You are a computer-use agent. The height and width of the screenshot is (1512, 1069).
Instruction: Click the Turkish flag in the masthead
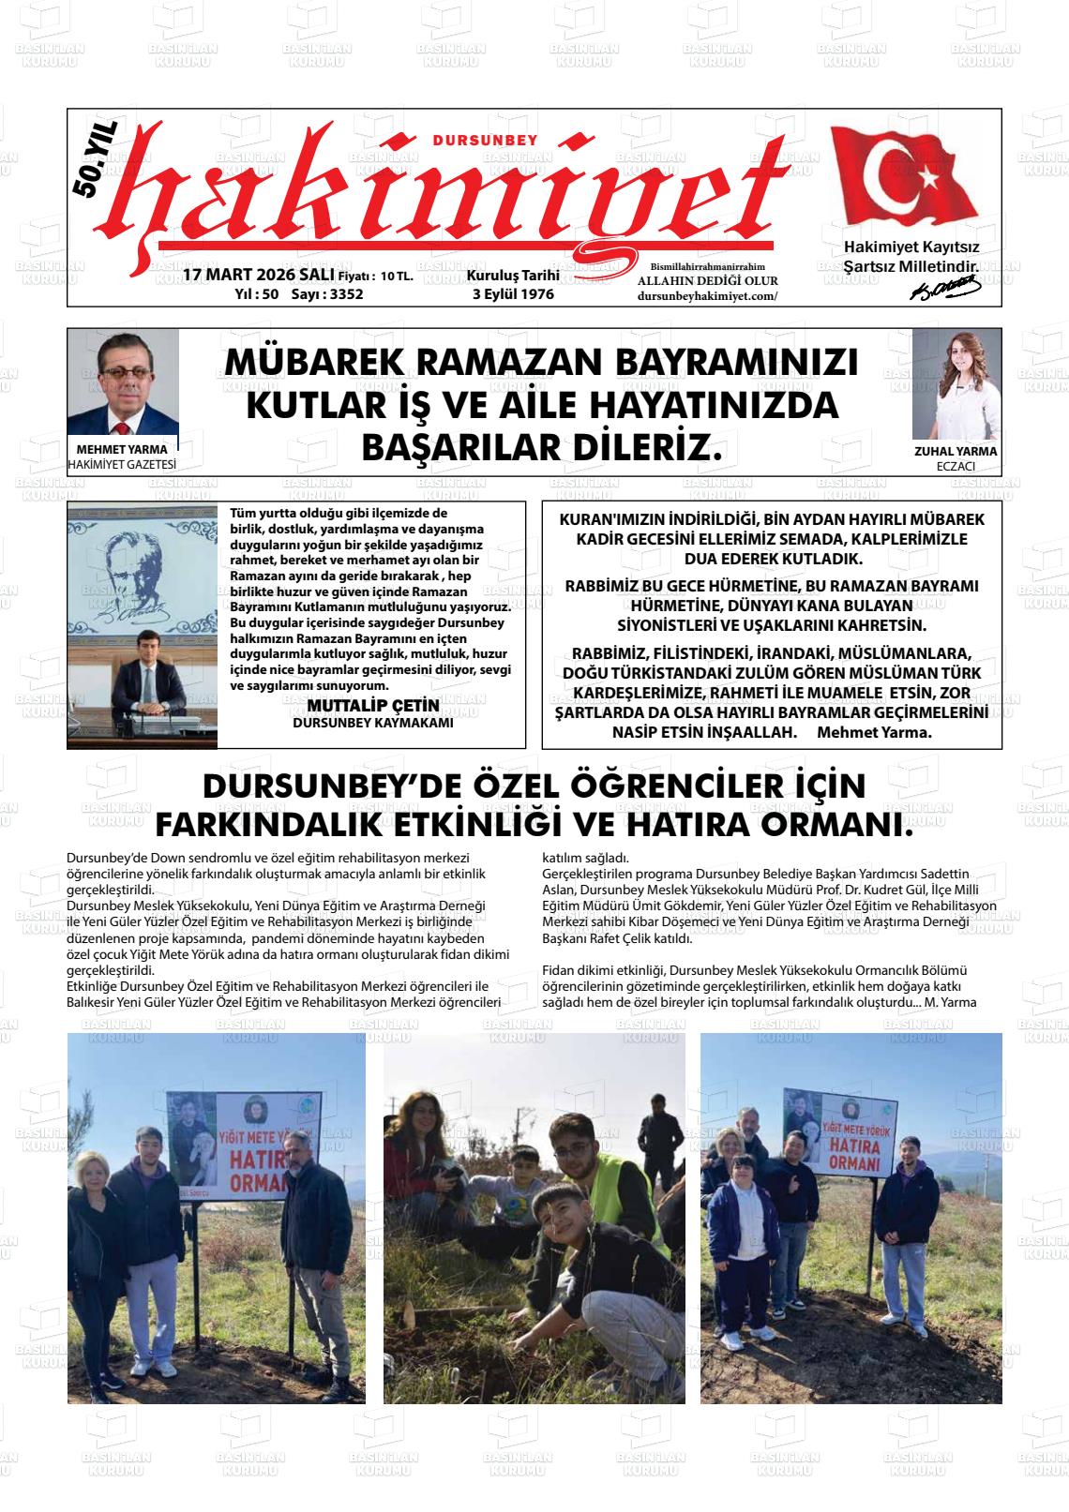pyautogui.click(x=905, y=179)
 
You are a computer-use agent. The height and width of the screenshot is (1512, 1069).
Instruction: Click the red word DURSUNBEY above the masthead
pyautogui.click(x=486, y=141)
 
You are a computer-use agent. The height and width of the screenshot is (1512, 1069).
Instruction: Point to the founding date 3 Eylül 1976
pyautogui.click(x=513, y=293)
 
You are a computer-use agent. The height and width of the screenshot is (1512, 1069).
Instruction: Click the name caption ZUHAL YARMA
pyautogui.click(x=956, y=451)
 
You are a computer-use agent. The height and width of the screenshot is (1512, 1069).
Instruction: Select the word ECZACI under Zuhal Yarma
pyautogui.click(x=956, y=466)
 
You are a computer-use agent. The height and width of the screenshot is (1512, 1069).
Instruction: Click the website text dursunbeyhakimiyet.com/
pyautogui.click(x=707, y=295)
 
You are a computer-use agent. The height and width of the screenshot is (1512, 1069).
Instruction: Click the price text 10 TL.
pyautogui.click(x=397, y=277)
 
